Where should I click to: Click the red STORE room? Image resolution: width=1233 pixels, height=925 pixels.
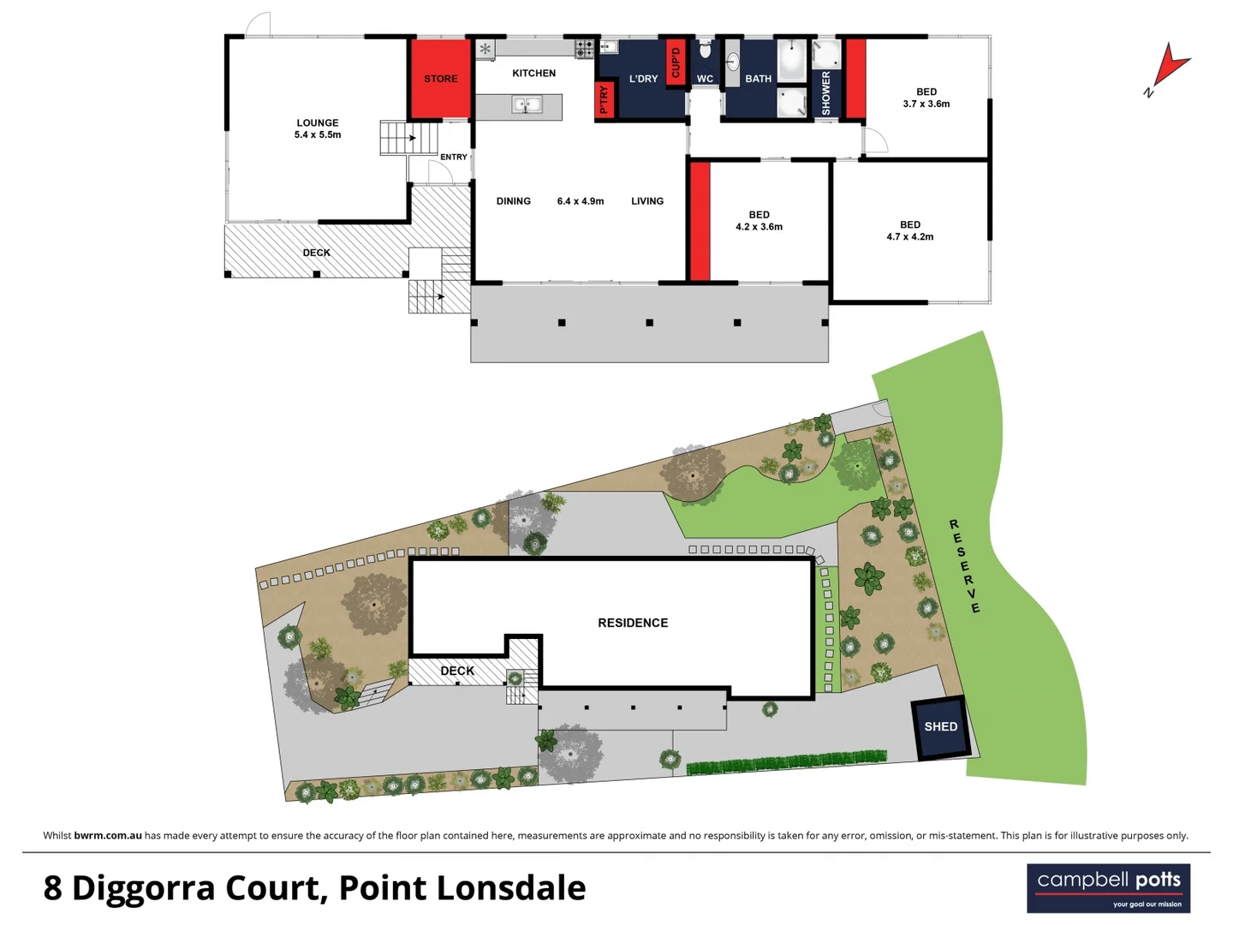point(440,79)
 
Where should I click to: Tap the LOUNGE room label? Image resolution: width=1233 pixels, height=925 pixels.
point(318,122)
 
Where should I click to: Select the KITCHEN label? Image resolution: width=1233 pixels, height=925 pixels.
point(533,74)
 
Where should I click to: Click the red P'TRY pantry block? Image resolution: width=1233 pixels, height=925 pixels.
point(604,100)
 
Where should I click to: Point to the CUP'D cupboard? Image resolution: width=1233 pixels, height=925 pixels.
point(675,63)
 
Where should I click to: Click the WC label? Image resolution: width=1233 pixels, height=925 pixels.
point(705,79)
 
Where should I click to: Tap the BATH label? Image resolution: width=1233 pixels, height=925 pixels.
point(758,79)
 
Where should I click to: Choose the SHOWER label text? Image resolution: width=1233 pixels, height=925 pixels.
point(826,92)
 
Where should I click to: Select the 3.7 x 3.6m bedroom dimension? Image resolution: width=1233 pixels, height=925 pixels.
point(926,104)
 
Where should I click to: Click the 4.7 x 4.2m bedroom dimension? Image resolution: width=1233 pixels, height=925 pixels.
point(909,237)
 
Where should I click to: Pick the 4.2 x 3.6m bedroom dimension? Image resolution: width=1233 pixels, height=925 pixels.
point(759,227)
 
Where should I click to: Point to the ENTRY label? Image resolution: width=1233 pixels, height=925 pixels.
point(454,158)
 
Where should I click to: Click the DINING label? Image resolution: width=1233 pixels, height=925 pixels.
point(514,201)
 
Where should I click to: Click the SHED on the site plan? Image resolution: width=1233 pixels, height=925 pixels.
point(940,727)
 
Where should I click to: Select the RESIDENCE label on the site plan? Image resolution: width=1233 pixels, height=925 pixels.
point(633,623)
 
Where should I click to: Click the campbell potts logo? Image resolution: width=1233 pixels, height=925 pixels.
point(1108,888)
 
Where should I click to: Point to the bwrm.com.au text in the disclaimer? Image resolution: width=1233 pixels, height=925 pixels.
point(108,836)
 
